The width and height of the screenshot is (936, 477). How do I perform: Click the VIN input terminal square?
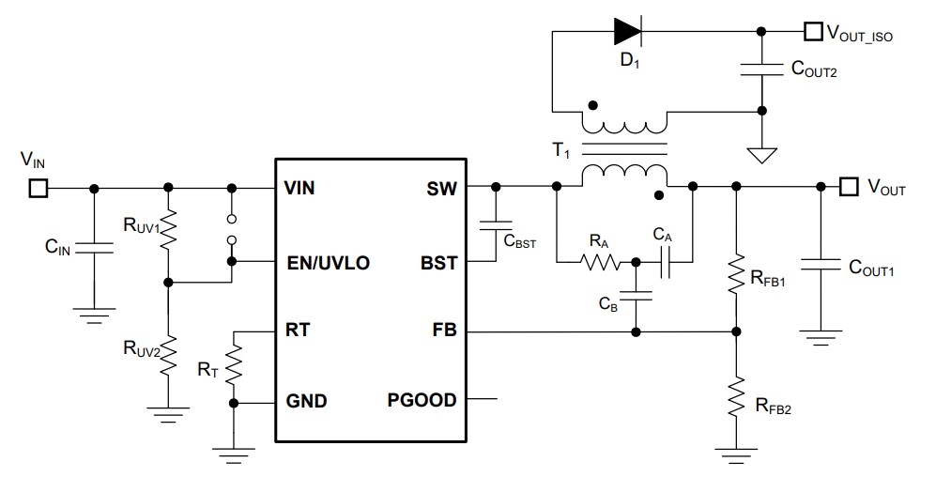(38, 188)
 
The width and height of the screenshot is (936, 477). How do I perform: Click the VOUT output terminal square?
(849, 187)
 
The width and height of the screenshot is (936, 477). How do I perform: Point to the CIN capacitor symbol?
(93, 248)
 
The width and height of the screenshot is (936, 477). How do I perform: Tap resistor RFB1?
(736, 273)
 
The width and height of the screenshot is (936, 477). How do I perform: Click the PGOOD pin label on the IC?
(422, 401)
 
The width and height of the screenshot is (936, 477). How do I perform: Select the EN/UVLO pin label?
(328, 263)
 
